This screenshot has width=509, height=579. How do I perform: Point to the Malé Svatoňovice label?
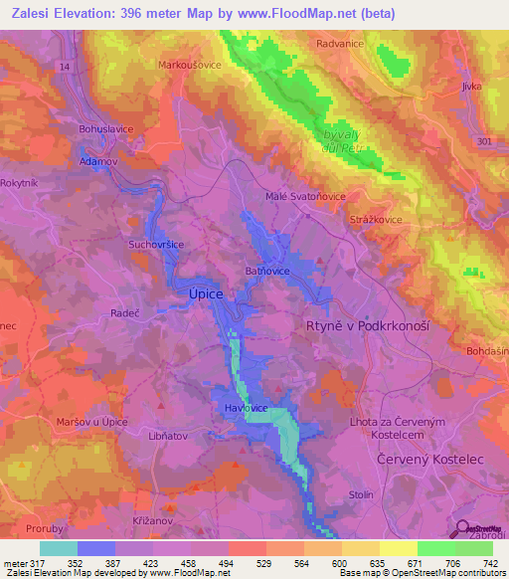point(302,196)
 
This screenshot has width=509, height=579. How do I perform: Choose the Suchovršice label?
point(157,243)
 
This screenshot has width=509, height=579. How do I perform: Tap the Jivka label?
point(471,87)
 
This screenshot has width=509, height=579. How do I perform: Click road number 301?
point(484,142)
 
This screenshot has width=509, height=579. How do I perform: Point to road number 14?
point(66,67)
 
